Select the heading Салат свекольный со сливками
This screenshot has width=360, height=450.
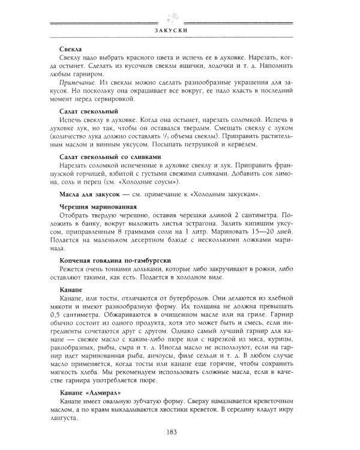click(111, 157)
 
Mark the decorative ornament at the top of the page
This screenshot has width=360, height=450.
click(179, 13)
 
